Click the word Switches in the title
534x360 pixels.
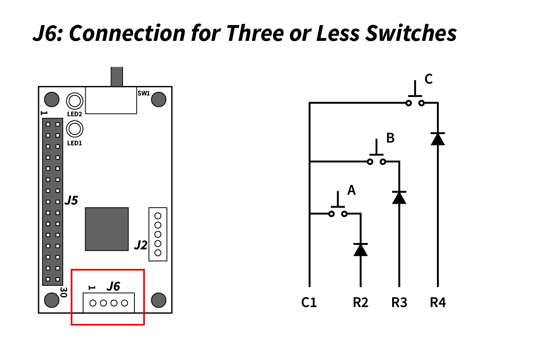pyautogui.click(x=411, y=33)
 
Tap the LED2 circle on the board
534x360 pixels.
pyautogui.click(x=75, y=101)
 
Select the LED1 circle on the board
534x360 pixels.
pyautogui.click(x=75, y=129)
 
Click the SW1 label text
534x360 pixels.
pyautogui.click(x=143, y=93)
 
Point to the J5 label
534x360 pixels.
pyautogui.click(x=71, y=200)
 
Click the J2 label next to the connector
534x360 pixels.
pyautogui.click(x=141, y=245)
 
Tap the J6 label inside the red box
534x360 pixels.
pyautogui.click(x=114, y=286)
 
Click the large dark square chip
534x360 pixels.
pyautogui.click(x=107, y=229)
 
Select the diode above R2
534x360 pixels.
pyautogui.click(x=360, y=249)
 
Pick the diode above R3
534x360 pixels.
pyautogui.click(x=399, y=197)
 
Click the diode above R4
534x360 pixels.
pyautogui.click(x=438, y=139)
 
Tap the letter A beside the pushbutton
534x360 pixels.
pyautogui.click(x=351, y=190)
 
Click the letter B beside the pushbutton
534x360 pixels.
pyautogui.click(x=390, y=138)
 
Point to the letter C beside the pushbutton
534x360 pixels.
pyautogui.click(x=429, y=79)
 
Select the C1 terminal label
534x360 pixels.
pyautogui.click(x=309, y=303)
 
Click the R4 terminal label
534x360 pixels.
pyautogui.click(x=438, y=303)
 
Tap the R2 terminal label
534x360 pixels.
pyautogui.click(x=360, y=303)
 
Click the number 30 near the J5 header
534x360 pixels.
pyautogui.click(x=63, y=292)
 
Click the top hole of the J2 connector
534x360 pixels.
pyautogui.click(x=158, y=216)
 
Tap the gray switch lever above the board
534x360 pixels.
pyautogui.click(x=117, y=77)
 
